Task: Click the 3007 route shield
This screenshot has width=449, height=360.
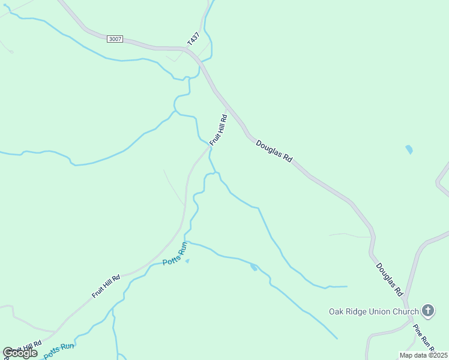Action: point(115,39)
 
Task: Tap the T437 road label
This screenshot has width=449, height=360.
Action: point(193,39)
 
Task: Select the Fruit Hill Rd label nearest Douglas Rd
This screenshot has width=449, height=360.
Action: point(218,130)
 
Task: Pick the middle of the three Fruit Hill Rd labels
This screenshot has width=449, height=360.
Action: point(106,286)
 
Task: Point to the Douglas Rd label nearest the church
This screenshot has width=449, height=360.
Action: point(389,279)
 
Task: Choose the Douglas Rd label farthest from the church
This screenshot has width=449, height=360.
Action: point(274,152)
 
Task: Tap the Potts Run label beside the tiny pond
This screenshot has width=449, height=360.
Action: point(175,255)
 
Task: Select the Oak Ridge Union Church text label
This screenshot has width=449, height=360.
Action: point(373,311)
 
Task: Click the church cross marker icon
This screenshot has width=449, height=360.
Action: point(427,311)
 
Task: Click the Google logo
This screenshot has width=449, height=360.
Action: point(20,353)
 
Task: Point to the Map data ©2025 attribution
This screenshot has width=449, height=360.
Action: point(424,355)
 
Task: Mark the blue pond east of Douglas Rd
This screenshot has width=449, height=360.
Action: point(409,149)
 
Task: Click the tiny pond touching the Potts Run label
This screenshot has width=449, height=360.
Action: point(187,261)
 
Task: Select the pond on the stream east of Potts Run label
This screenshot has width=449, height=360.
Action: point(255,267)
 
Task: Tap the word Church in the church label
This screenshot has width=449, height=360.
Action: point(405,311)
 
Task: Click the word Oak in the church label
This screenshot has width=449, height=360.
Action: point(336,311)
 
